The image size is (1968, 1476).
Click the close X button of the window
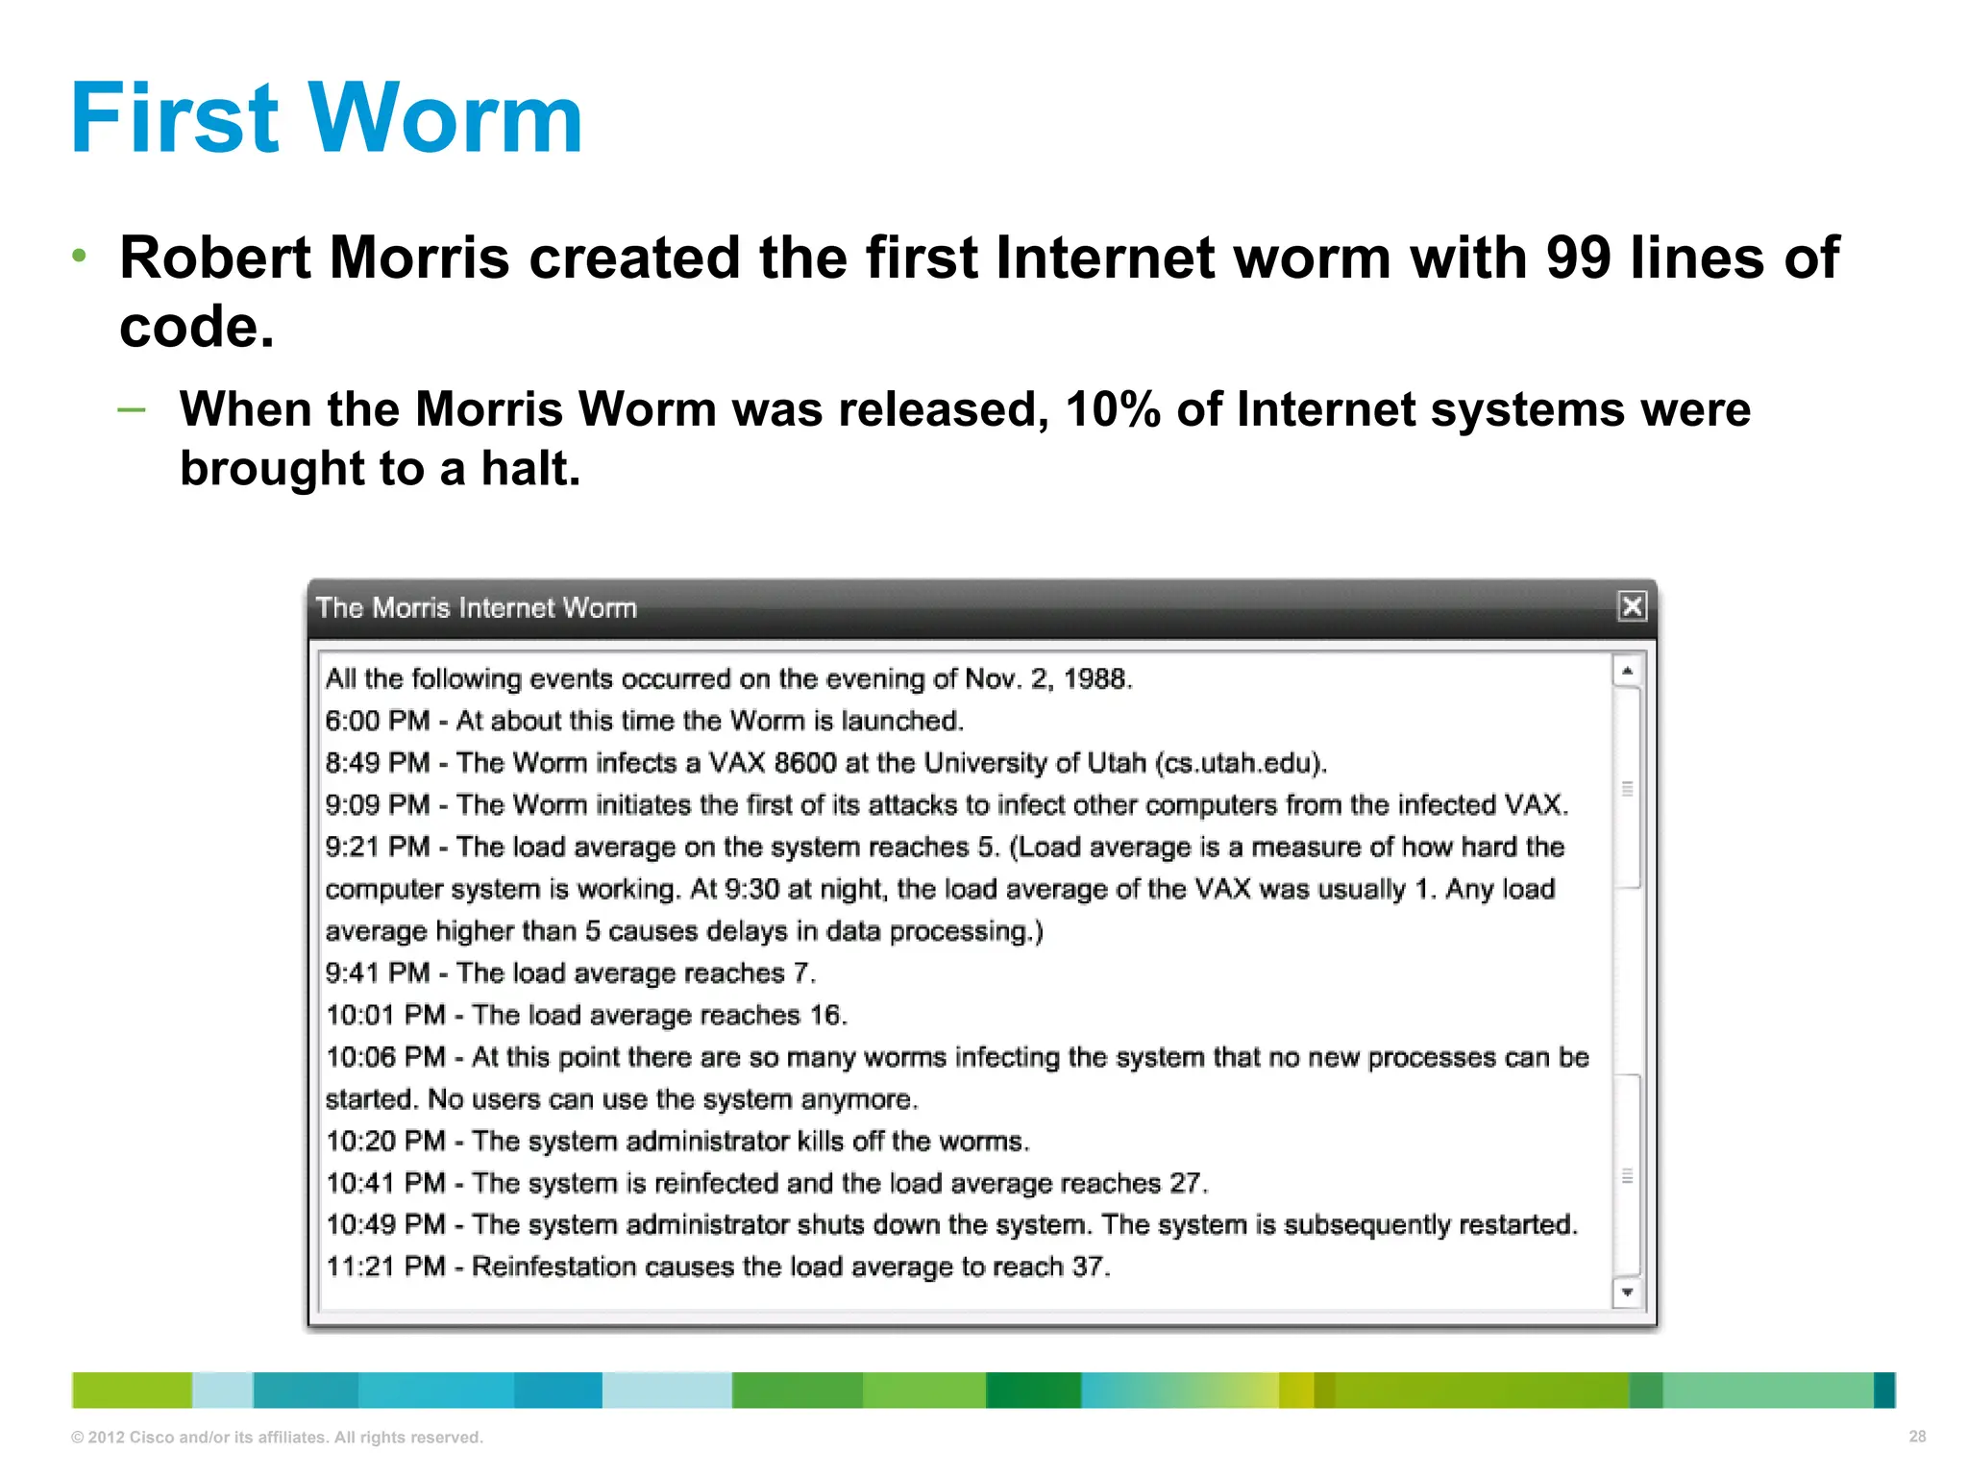[x=1632, y=606]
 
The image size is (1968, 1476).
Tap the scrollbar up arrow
[x=1627, y=671]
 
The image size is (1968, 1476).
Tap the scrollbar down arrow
[x=1627, y=1292]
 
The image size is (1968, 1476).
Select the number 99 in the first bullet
[x=1578, y=258]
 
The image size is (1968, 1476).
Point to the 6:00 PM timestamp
[x=377, y=721]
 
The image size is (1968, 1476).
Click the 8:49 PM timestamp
[x=377, y=763]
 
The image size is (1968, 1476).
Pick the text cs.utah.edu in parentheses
[x=1240, y=763]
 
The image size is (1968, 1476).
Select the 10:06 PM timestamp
[x=385, y=1057]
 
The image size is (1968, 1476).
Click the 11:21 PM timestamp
[x=385, y=1267]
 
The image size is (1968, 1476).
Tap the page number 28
[x=1917, y=1437]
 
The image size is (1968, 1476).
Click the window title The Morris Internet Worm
[x=477, y=607]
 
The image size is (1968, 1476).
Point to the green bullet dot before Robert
[x=80, y=256]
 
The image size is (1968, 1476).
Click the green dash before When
[x=132, y=410]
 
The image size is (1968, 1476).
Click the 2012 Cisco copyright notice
[x=277, y=1438]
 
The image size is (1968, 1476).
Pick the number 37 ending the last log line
[x=1089, y=1267]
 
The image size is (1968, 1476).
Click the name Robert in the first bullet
[x=215, y=258]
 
